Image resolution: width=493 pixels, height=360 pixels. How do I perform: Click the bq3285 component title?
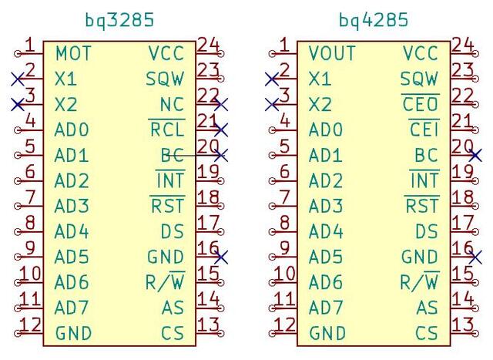[x=119, y=20]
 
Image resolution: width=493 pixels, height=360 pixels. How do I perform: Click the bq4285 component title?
[x=374, y=20]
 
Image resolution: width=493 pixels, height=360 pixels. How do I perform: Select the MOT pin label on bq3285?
[x=73, y=54]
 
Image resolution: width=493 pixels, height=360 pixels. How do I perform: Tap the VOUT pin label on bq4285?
[x=332, y=54]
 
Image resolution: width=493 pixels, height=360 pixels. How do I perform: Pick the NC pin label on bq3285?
[x=172, y=104]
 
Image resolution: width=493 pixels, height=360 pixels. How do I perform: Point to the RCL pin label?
[x=167, y=130]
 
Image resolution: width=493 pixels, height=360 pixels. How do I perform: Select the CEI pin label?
[x=424, y=130]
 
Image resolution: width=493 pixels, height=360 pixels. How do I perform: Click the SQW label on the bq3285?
[x=165, y=79]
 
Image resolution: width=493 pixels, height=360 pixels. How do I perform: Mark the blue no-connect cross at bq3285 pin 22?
[x=221, y=104]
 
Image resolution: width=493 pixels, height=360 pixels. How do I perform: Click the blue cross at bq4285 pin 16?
[x=475, y=257]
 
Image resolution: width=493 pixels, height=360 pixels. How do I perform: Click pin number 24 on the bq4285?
[x=462, y=45]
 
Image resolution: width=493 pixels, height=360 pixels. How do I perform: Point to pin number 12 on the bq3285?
[x=30, y=325]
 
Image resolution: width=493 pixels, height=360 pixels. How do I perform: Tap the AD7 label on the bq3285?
[x=72, y=308]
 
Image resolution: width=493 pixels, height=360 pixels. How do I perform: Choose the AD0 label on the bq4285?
[x=326, y=130]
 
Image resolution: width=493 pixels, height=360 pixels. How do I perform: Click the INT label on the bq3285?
[x=170, y=180]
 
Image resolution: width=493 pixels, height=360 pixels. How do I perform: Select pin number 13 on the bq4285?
[x=462, y=325]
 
